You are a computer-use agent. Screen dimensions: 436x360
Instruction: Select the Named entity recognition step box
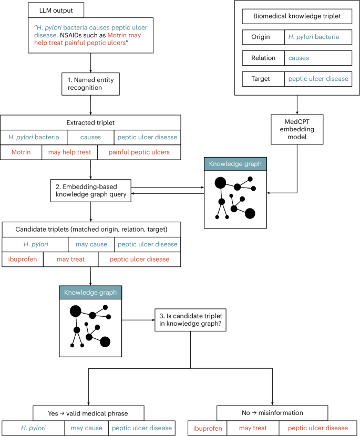click(91, 83)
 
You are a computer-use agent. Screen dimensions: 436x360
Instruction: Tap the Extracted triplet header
click(91, 122)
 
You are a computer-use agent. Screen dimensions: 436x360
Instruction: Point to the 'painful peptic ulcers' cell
click(139, 152)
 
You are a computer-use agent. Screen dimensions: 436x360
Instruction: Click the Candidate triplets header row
click(91, 229)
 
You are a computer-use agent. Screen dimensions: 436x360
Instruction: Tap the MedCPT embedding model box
click(297, 129)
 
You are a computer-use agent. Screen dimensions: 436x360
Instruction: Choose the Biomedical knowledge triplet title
click(297, 16)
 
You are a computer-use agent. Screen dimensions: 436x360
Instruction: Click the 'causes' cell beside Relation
click(318, 58)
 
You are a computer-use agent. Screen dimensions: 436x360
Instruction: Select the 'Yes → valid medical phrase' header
click(88, 413)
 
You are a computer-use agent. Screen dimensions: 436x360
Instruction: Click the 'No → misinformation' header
click(273, 413)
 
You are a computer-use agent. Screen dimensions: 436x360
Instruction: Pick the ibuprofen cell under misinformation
click(207, 428)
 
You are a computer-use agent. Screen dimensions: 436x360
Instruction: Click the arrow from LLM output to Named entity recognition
click(91, 62)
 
